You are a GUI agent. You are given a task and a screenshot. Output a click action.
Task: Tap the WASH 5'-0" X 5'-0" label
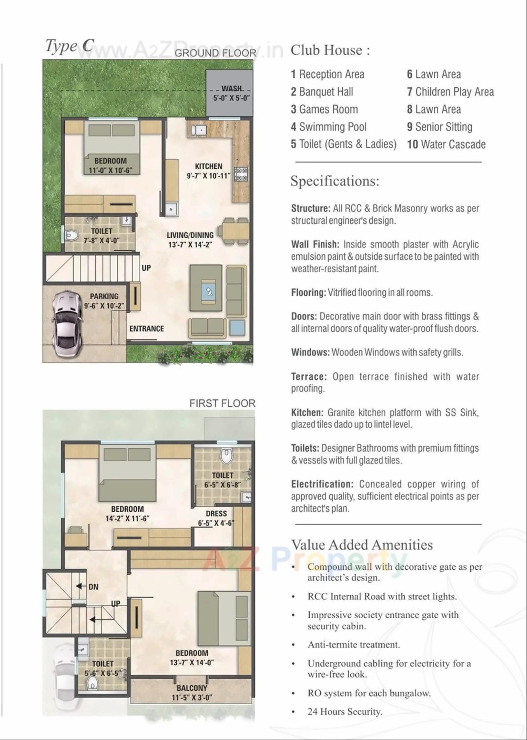click(231, 93)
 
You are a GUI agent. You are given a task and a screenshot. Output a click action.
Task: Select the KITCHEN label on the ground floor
click(208, 166)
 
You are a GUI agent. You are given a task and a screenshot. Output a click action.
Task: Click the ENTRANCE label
click(147, 329)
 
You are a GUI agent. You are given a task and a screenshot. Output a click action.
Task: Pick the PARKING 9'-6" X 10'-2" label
click(104, 301)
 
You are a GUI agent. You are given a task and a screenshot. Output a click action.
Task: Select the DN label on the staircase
click(93, 587)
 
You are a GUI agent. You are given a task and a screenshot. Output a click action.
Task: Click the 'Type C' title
click(70, 46)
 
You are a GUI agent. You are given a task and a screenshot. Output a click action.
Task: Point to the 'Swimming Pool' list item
click(329, 127)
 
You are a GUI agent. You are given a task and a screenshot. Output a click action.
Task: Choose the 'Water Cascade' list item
click(446, 144)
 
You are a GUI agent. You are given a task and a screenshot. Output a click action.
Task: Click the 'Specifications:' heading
click(335, 181)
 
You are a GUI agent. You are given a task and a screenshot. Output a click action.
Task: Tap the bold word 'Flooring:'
click(308, 293)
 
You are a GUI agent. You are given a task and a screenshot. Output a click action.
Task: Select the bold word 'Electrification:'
click(322, 484)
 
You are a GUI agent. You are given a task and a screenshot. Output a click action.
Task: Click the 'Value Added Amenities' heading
click(362, 545)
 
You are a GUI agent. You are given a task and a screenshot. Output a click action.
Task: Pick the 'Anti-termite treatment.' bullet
click(354, 645)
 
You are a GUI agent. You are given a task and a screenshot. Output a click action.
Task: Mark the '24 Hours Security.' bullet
click(345, 712)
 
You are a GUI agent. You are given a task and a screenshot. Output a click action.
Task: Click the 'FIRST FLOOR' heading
click(222, 404)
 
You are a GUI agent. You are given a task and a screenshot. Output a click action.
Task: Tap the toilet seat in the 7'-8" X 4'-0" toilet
click(72, 236)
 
